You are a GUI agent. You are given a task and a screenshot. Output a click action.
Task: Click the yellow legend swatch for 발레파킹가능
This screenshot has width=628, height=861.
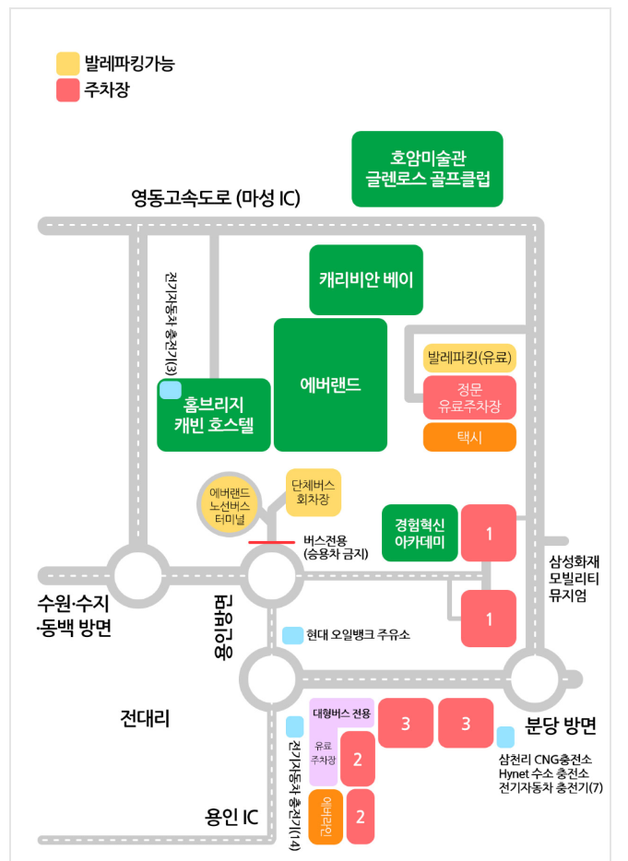(67, 64)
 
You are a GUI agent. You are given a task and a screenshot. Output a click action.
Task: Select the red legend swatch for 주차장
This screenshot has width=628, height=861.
(67, 91)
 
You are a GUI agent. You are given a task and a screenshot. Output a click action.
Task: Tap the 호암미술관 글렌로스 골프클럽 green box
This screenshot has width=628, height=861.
(427, 169)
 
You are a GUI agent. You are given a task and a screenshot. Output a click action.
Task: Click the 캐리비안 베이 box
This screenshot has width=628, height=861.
(366, 278)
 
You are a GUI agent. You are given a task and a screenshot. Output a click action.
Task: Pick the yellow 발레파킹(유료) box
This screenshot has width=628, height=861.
(469, 357)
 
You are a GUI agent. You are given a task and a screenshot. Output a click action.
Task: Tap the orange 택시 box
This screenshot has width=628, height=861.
(469, 437)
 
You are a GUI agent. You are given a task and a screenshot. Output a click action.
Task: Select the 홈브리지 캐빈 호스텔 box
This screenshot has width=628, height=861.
(214, 415)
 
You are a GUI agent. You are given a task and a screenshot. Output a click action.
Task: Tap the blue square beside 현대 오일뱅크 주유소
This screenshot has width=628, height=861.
(292, 635)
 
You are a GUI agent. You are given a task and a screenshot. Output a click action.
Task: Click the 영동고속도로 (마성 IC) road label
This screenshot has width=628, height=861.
(215, 198)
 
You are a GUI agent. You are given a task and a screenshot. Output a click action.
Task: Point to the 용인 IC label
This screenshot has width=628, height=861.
(231, 817)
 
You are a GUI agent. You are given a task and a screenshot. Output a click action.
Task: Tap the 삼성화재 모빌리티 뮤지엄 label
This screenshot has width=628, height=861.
(573, 575)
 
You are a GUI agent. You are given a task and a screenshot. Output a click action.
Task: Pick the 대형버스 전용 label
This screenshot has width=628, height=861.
(341, 713)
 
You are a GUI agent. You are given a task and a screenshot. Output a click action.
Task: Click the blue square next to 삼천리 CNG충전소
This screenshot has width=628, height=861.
(505, 736)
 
